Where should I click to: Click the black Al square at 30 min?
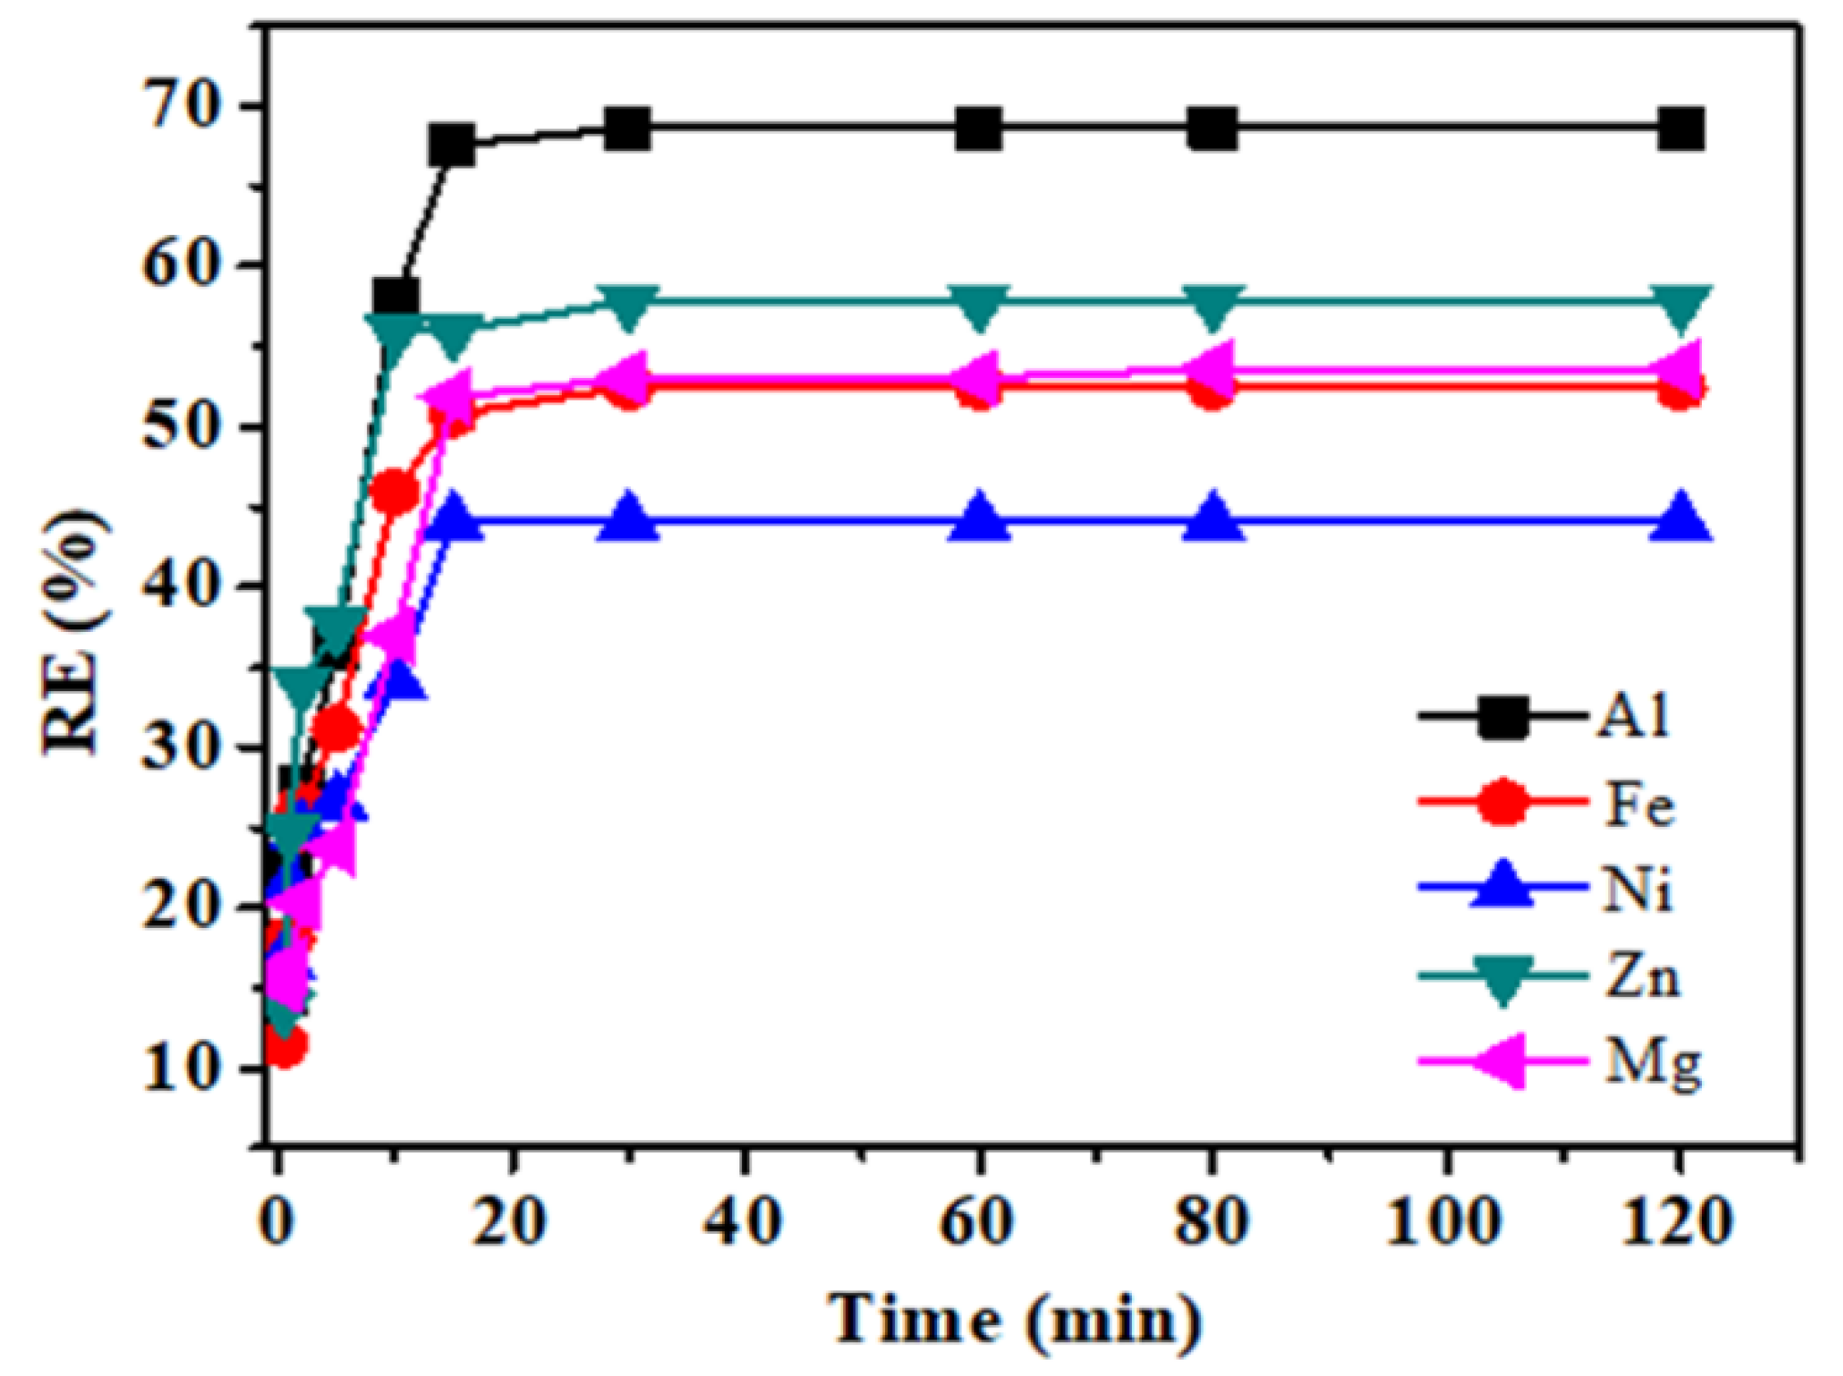628,130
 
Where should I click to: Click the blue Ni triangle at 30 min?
628,519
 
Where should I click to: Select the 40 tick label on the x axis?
745,1221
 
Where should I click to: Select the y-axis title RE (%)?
75,630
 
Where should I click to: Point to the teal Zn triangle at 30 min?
628,307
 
